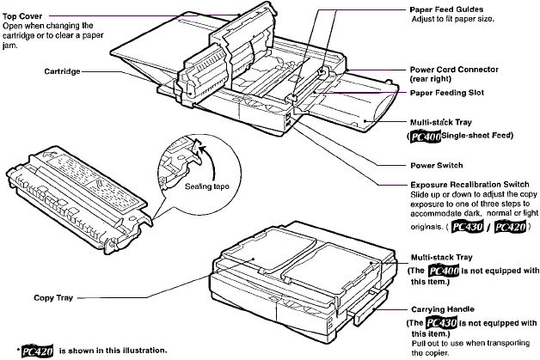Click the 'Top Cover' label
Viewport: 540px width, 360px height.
click(22, 15)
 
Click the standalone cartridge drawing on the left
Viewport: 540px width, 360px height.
click(73, 193)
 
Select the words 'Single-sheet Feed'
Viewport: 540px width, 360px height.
click(469, 137)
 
